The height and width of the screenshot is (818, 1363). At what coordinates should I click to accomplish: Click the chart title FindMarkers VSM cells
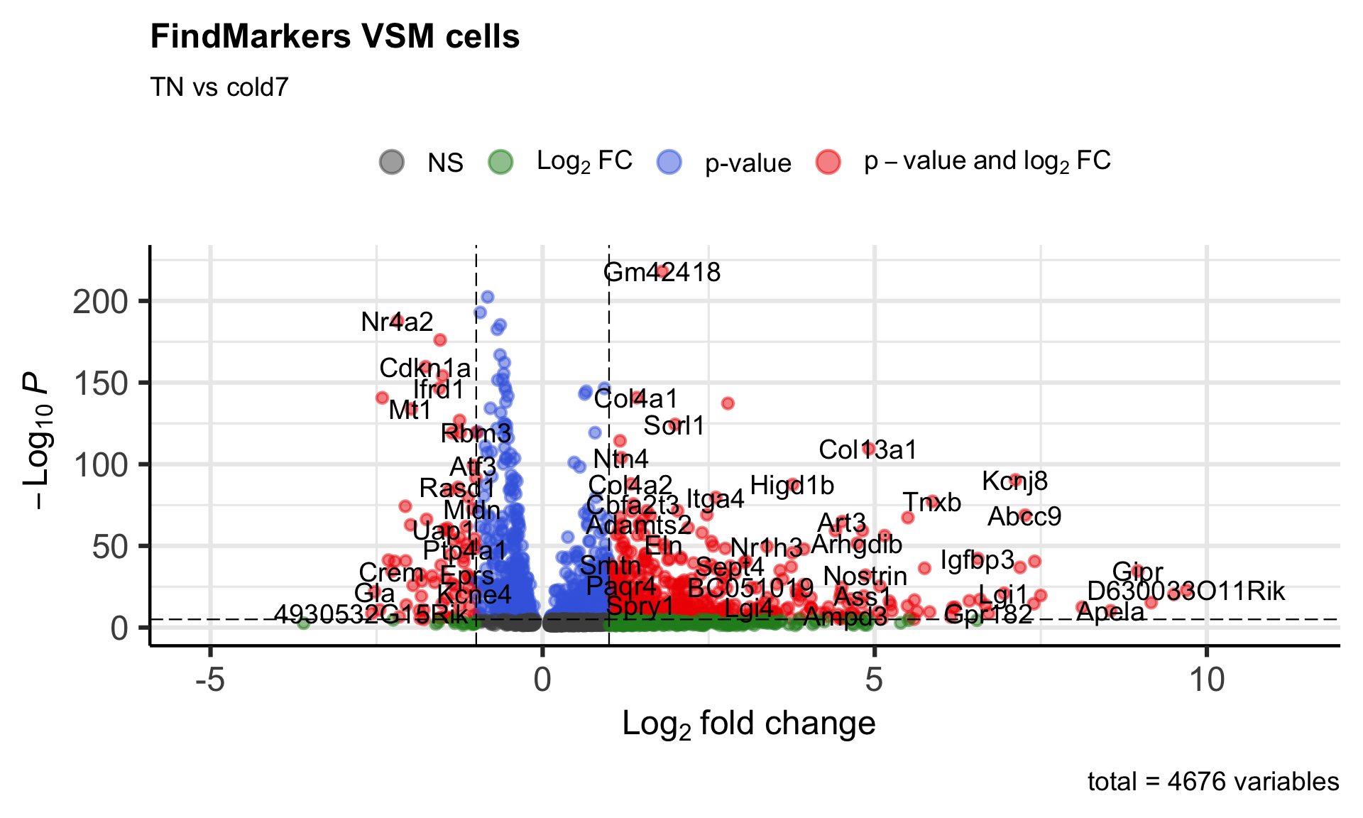tap(335, 37)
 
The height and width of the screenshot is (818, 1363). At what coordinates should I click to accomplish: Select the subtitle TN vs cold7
tap(219, 87)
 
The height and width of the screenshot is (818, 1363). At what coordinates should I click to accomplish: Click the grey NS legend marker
tap(392, 162)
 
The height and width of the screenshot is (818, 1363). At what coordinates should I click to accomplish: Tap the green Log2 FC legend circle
tap(501, 162)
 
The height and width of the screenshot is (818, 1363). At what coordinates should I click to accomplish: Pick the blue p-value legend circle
tap(669, 162)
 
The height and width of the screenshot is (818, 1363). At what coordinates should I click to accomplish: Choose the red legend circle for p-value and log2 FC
tap(828, 162)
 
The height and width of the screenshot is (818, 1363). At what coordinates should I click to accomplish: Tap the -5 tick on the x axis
tap(210, 680)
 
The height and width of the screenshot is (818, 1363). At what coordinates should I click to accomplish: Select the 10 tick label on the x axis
tap(1206, 680)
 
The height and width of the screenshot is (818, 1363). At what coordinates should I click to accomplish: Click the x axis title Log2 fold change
tap(748, 724)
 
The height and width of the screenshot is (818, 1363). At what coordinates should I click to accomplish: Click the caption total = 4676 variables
tap(1213, 782)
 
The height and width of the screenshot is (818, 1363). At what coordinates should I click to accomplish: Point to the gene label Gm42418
tap(662, 273)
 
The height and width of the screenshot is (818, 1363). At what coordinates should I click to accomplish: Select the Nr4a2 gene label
tap(397, 322)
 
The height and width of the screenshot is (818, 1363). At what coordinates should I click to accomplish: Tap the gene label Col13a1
tap(867, 450)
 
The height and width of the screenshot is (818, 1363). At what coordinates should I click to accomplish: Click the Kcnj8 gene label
tap(1014, 481)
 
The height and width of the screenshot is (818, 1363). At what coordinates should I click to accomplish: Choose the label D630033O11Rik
tap(1186, 591)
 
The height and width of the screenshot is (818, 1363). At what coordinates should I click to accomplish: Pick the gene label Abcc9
tap(1024, 517)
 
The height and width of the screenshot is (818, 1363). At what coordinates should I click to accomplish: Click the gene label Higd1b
tap(792, 486)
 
